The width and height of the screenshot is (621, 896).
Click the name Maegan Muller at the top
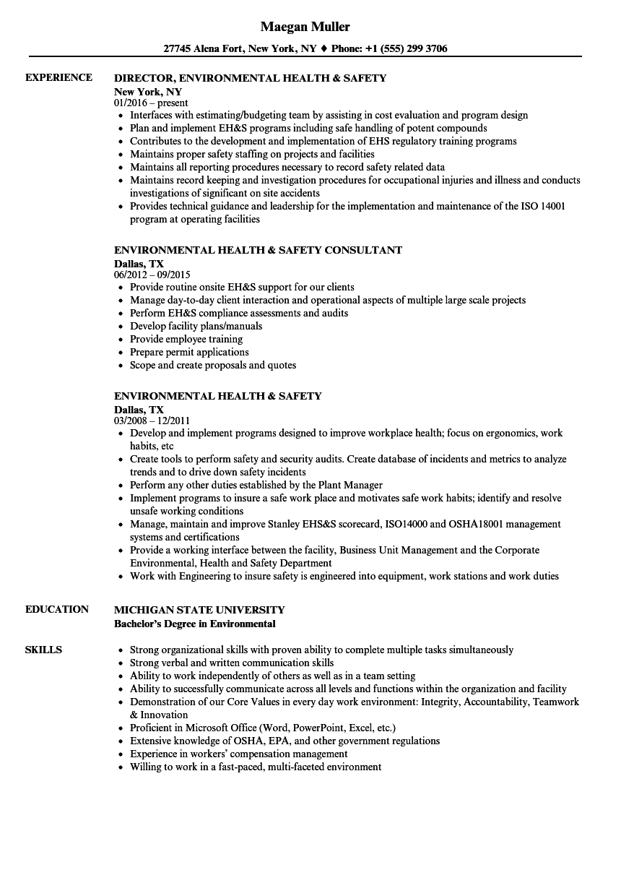coord(305,27)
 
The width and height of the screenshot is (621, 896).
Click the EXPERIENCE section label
coord(58,77)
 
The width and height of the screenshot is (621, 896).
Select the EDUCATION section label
coord(57,609)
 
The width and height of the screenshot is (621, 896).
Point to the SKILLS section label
coord(43,650)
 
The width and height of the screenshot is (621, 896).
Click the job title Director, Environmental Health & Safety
coord(251,78)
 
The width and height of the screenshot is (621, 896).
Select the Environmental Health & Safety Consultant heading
coord(259,250)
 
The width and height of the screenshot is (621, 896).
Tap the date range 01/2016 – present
coord(151,103)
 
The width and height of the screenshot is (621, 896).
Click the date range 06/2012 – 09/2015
coord(152,275)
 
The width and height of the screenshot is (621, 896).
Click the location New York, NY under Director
coord(148,92)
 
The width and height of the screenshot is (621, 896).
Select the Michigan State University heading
coord(199,610)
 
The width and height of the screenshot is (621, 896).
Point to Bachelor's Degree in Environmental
coord(195,624)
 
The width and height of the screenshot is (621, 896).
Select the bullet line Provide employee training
coord(186,339)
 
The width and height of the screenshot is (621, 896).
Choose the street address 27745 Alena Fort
coord(204,49)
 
